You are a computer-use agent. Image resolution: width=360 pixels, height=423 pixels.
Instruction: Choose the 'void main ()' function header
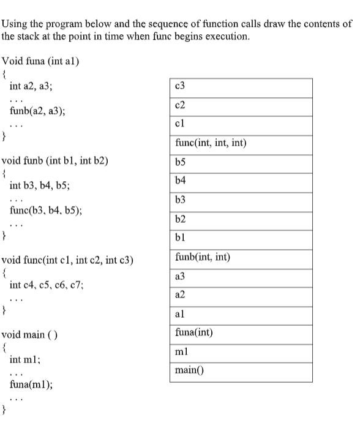[x=29, y=335]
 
